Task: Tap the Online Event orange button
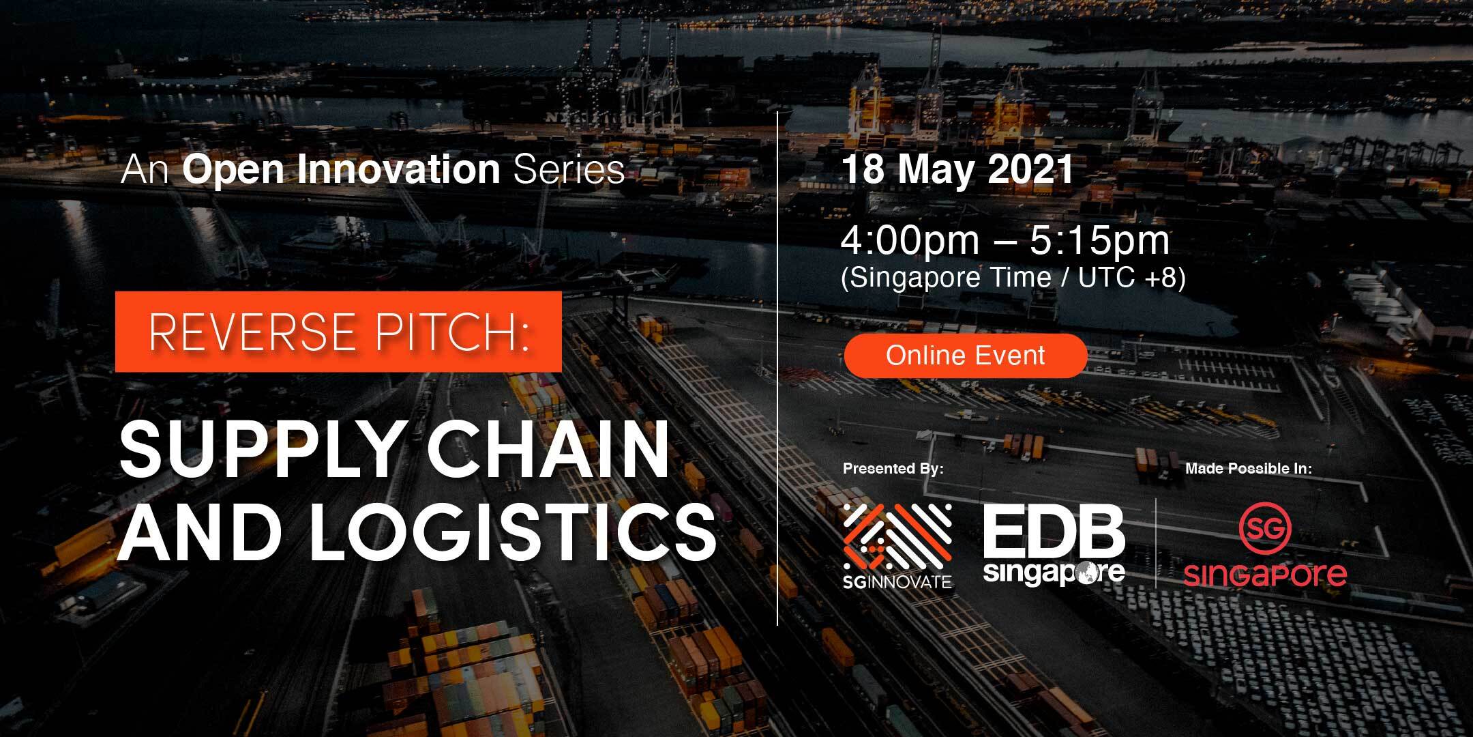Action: (965, 356)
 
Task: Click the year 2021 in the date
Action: (1030, 170)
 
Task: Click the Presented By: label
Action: (893, 469)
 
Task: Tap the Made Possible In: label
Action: (1249, 469)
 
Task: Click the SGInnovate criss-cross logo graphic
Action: (897, 539)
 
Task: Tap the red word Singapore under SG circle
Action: (1265, 575)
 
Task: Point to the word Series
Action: (569, 169)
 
